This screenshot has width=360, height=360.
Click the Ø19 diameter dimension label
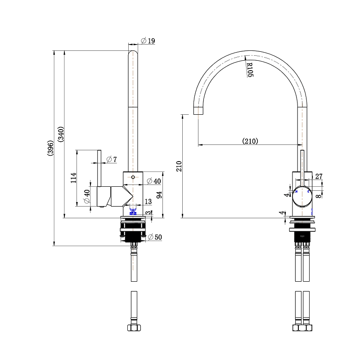(148, 41)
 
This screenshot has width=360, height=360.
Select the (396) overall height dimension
(50, 148)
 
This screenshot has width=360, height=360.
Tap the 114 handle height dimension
(73, 179)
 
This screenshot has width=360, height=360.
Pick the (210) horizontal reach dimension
(250, 141)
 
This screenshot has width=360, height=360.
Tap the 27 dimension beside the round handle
(319, 177)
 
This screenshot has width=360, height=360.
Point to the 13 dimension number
(148, 202)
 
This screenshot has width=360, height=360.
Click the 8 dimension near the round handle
(319, 195)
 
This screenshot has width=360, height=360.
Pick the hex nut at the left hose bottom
(134, 328)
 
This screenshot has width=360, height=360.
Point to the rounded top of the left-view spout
(134, 54)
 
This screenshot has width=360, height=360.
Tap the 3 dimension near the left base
(148, 213)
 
